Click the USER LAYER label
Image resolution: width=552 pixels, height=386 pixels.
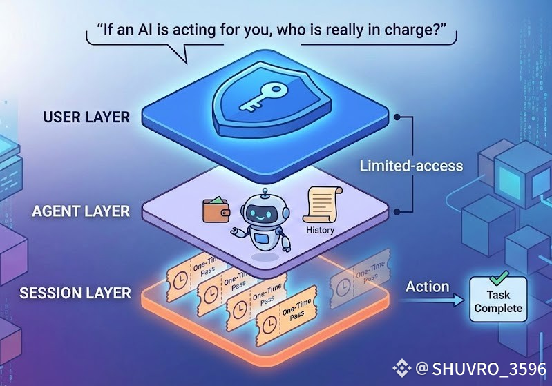[86, 117]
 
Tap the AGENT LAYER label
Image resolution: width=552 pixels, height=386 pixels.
[81, 211]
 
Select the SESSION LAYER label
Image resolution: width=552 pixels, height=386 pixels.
[75, 293]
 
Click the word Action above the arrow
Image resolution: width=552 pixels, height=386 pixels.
[428, 286]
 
